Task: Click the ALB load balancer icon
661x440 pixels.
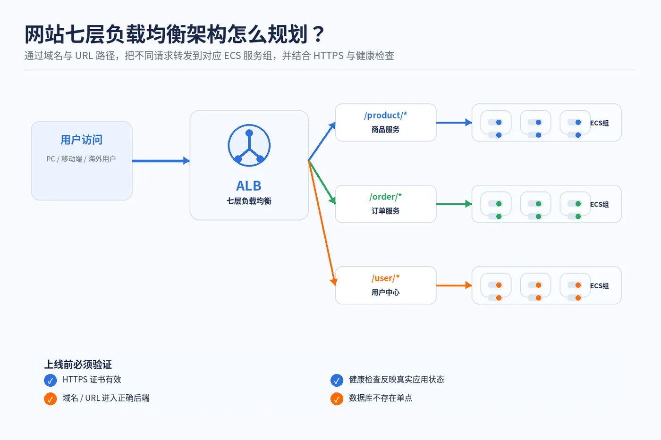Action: coord(249,145)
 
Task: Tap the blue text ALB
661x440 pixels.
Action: coord(249,186)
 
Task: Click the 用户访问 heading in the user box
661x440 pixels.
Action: coord(81,140)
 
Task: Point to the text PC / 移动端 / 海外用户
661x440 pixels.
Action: coord(81,159)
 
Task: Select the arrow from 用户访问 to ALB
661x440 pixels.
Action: coord(161,161)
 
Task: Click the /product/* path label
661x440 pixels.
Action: coord(385,115)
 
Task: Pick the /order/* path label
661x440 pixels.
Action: coord(385,197)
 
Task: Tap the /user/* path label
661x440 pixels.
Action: coord(385,278)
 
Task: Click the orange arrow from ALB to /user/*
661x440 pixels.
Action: coord(322,223)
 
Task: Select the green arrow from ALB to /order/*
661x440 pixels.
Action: coord(322,182)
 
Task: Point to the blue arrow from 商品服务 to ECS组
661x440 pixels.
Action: coord(454,122)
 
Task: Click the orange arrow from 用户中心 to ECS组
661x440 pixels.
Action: coord(454,285)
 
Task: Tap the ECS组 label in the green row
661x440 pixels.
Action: coord(599,204)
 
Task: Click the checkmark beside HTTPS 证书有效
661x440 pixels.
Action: coord(51,380)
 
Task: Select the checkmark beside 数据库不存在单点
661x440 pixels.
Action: coord(337,399)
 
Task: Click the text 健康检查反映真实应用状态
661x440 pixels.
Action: coord(396,380)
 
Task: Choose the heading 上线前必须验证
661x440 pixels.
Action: coord(78,364)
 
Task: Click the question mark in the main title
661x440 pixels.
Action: coord(318,34)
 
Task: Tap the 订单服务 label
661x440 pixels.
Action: coord(385,211)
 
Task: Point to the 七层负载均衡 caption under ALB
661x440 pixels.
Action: coord(249,201)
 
